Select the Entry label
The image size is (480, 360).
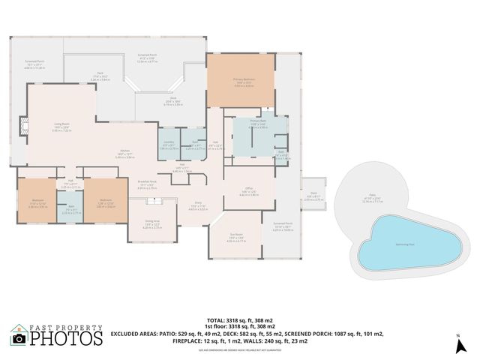(x=198, y=202)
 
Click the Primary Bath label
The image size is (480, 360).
(x=257, y=121)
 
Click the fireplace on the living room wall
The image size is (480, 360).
(x=25, y=126)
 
